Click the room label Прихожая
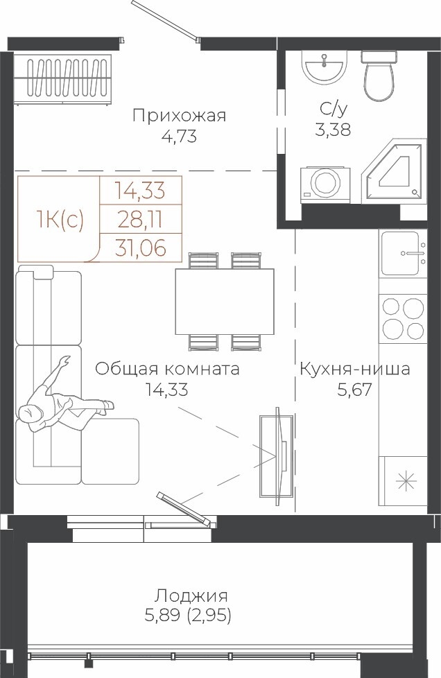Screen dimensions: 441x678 click(x=180, y=116)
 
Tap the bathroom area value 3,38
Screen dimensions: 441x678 click(x=333, y=129)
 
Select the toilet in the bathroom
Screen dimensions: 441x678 click(x=379, y=76)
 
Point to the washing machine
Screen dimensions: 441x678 click(x=325, y=184)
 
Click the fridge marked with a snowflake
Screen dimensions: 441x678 click(x=403, y=481)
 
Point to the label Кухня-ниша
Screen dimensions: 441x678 click(x=355, y=370)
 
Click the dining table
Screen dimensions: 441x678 click(x=225, y=302)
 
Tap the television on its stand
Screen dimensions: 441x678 click(x=275, y=456)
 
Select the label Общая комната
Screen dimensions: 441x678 click(x=167, y=370)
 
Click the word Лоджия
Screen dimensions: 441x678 click(x=191, y=596)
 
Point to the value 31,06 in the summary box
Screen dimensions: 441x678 click(x=141, y=248)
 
